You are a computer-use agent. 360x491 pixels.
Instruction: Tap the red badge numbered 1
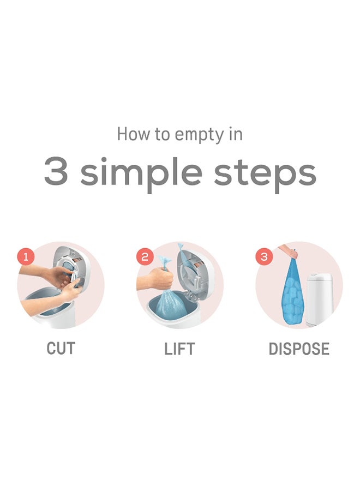[26, 256]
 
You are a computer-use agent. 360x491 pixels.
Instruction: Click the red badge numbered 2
[145, 256]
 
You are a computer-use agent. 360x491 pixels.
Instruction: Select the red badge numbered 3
[265, 256]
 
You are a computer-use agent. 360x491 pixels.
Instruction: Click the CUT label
[61, 349]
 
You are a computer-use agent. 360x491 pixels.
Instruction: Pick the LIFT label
[179, 349]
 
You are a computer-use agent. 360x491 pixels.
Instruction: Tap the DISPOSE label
[299, 349]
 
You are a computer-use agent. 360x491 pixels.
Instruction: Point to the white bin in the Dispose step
[321, 300]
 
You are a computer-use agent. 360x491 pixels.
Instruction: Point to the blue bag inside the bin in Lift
[172, 306]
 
